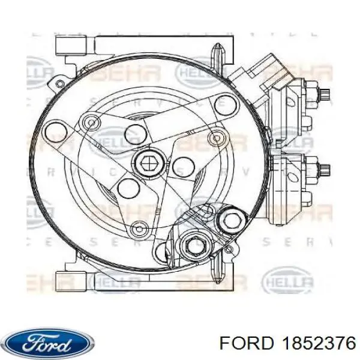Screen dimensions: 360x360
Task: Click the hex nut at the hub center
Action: coord(146,161)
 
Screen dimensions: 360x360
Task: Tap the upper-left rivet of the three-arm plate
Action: coord(91,122)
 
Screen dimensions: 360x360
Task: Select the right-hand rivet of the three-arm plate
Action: coord(214,139)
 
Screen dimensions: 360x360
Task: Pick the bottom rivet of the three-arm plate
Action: coord(140,228)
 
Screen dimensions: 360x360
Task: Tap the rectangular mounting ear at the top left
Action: coord(73,45)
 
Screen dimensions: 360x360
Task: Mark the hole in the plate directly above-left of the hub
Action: coord(133,132)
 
